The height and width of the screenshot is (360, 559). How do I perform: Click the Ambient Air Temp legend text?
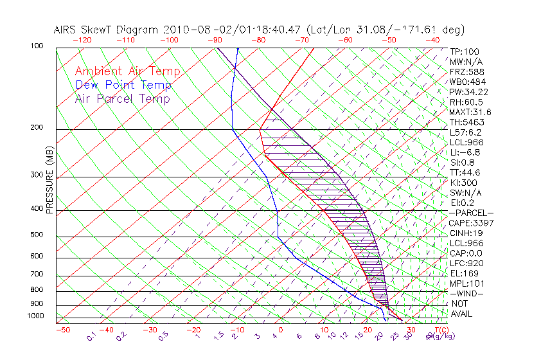(x=127, y=71)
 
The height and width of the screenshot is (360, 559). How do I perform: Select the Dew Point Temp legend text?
(x=123, y=85)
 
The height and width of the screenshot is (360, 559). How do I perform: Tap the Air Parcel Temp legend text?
(x=122, y=98)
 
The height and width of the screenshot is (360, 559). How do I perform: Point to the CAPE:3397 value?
(x=471, y=223)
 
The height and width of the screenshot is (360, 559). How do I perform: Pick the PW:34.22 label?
(x=468, y=92)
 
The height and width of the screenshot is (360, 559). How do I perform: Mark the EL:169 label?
(x=463, y=273)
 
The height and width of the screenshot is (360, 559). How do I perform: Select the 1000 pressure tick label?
(x=36, y=316)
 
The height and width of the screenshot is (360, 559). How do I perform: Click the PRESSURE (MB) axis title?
(x=49, y=186)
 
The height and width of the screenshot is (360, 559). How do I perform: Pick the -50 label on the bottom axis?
(x=62, y=330)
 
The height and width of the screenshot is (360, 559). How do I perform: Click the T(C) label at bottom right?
(x=437, y=330)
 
